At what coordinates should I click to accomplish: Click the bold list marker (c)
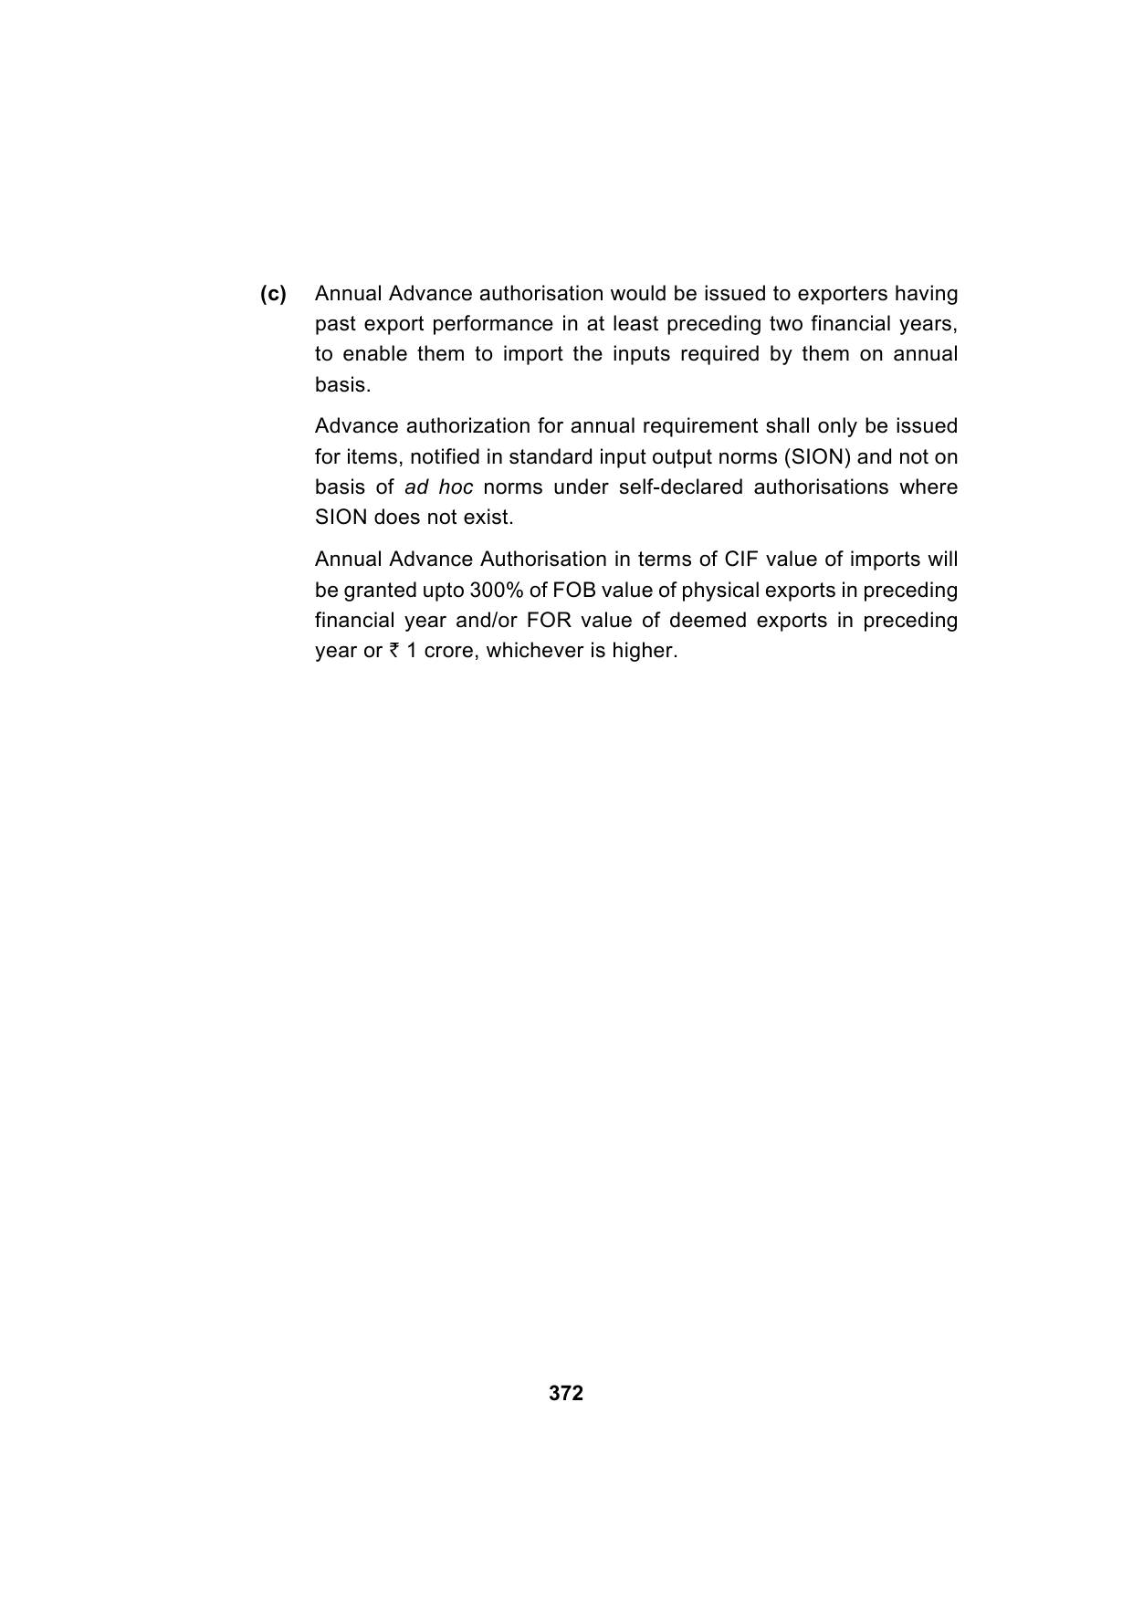click(x=273, y=294)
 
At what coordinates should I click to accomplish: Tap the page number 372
click(x=566, y=1393)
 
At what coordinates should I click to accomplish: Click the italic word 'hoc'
click(x=456, y=487)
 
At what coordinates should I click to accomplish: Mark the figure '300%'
click(x=496, y=590)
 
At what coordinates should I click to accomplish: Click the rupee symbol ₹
click(x=394, y=651)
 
